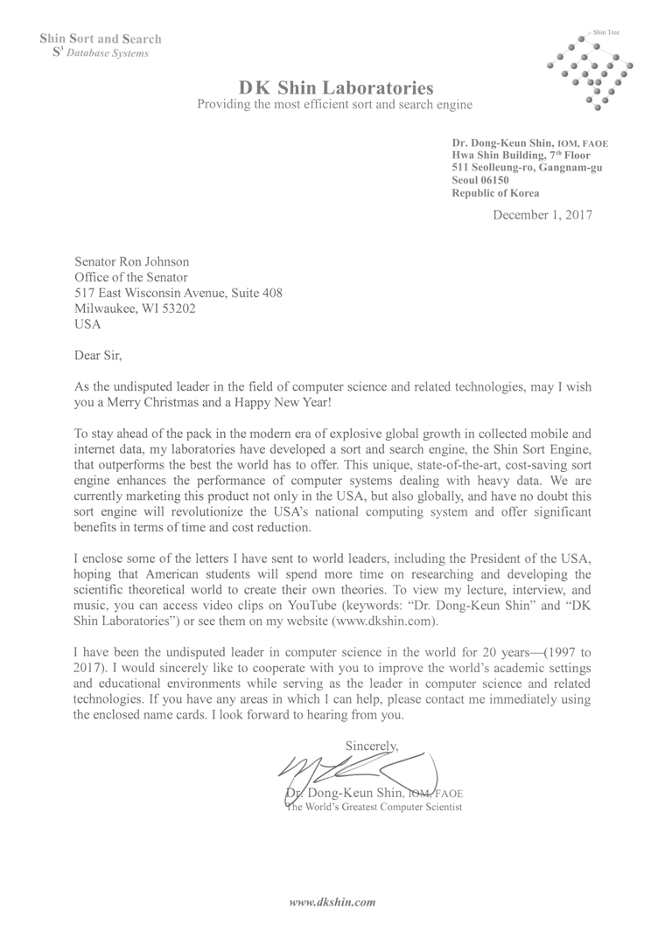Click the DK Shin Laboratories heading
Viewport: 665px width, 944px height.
click(x=335, y=87)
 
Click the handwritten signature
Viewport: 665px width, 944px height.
click(x=350, y=769)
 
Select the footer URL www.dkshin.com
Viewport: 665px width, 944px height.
click(x=332, y=900)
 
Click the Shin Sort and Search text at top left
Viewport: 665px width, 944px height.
click(x=101, y=38)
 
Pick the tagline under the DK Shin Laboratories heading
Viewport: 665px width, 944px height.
click(x=335, y=105)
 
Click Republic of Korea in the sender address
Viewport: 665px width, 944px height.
click(x=495, y=193)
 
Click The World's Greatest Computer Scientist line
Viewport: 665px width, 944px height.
click(x=374, y=808)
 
